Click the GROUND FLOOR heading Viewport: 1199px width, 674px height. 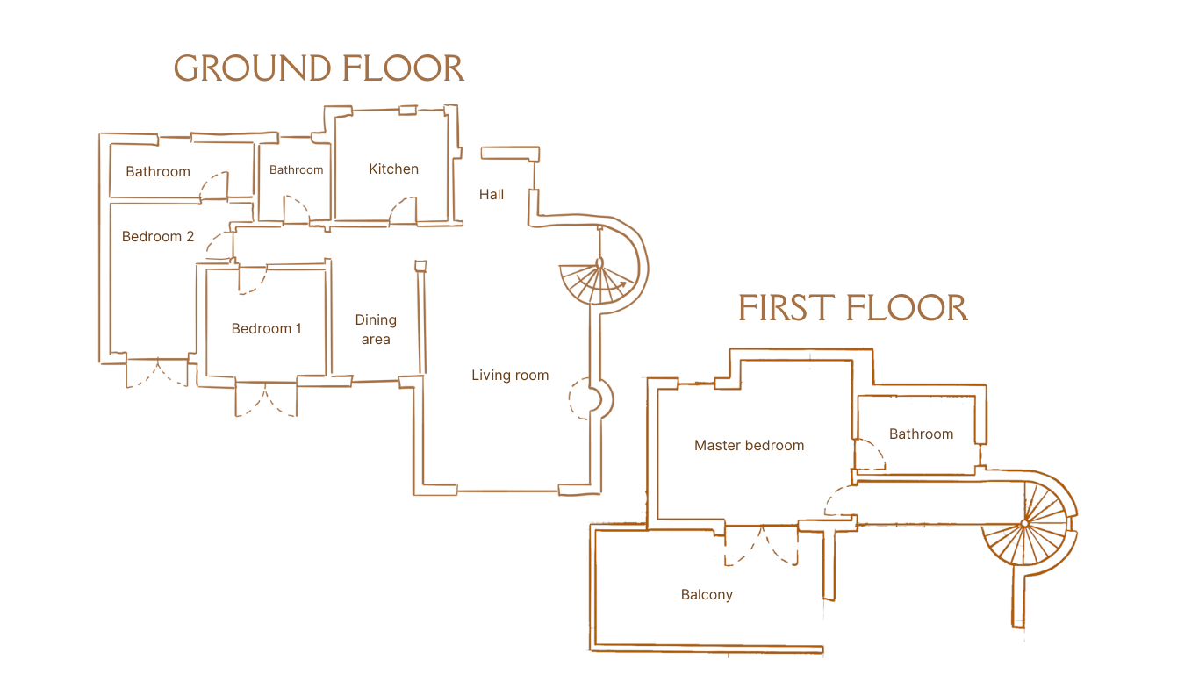click(319, 68)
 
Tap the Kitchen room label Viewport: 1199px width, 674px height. click(393, 168)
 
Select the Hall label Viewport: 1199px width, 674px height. click(492, 194)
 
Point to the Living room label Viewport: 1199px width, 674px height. click(510, 376)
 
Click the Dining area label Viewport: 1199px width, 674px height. click(376, 330)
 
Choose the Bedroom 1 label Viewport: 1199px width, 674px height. click(266, 328)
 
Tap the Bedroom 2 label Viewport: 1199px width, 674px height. click(158, 236)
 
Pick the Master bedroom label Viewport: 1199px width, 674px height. click(749, 445)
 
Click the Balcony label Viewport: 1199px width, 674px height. click(707, 595)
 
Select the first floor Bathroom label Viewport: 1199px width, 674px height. click(921, 434)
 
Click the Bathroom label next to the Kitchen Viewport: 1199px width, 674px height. click(296, 169)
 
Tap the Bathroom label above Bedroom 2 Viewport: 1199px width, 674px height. click(157, 171)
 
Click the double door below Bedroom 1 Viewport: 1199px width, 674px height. click(266, 399)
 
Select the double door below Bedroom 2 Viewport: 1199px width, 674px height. click(157, 373)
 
